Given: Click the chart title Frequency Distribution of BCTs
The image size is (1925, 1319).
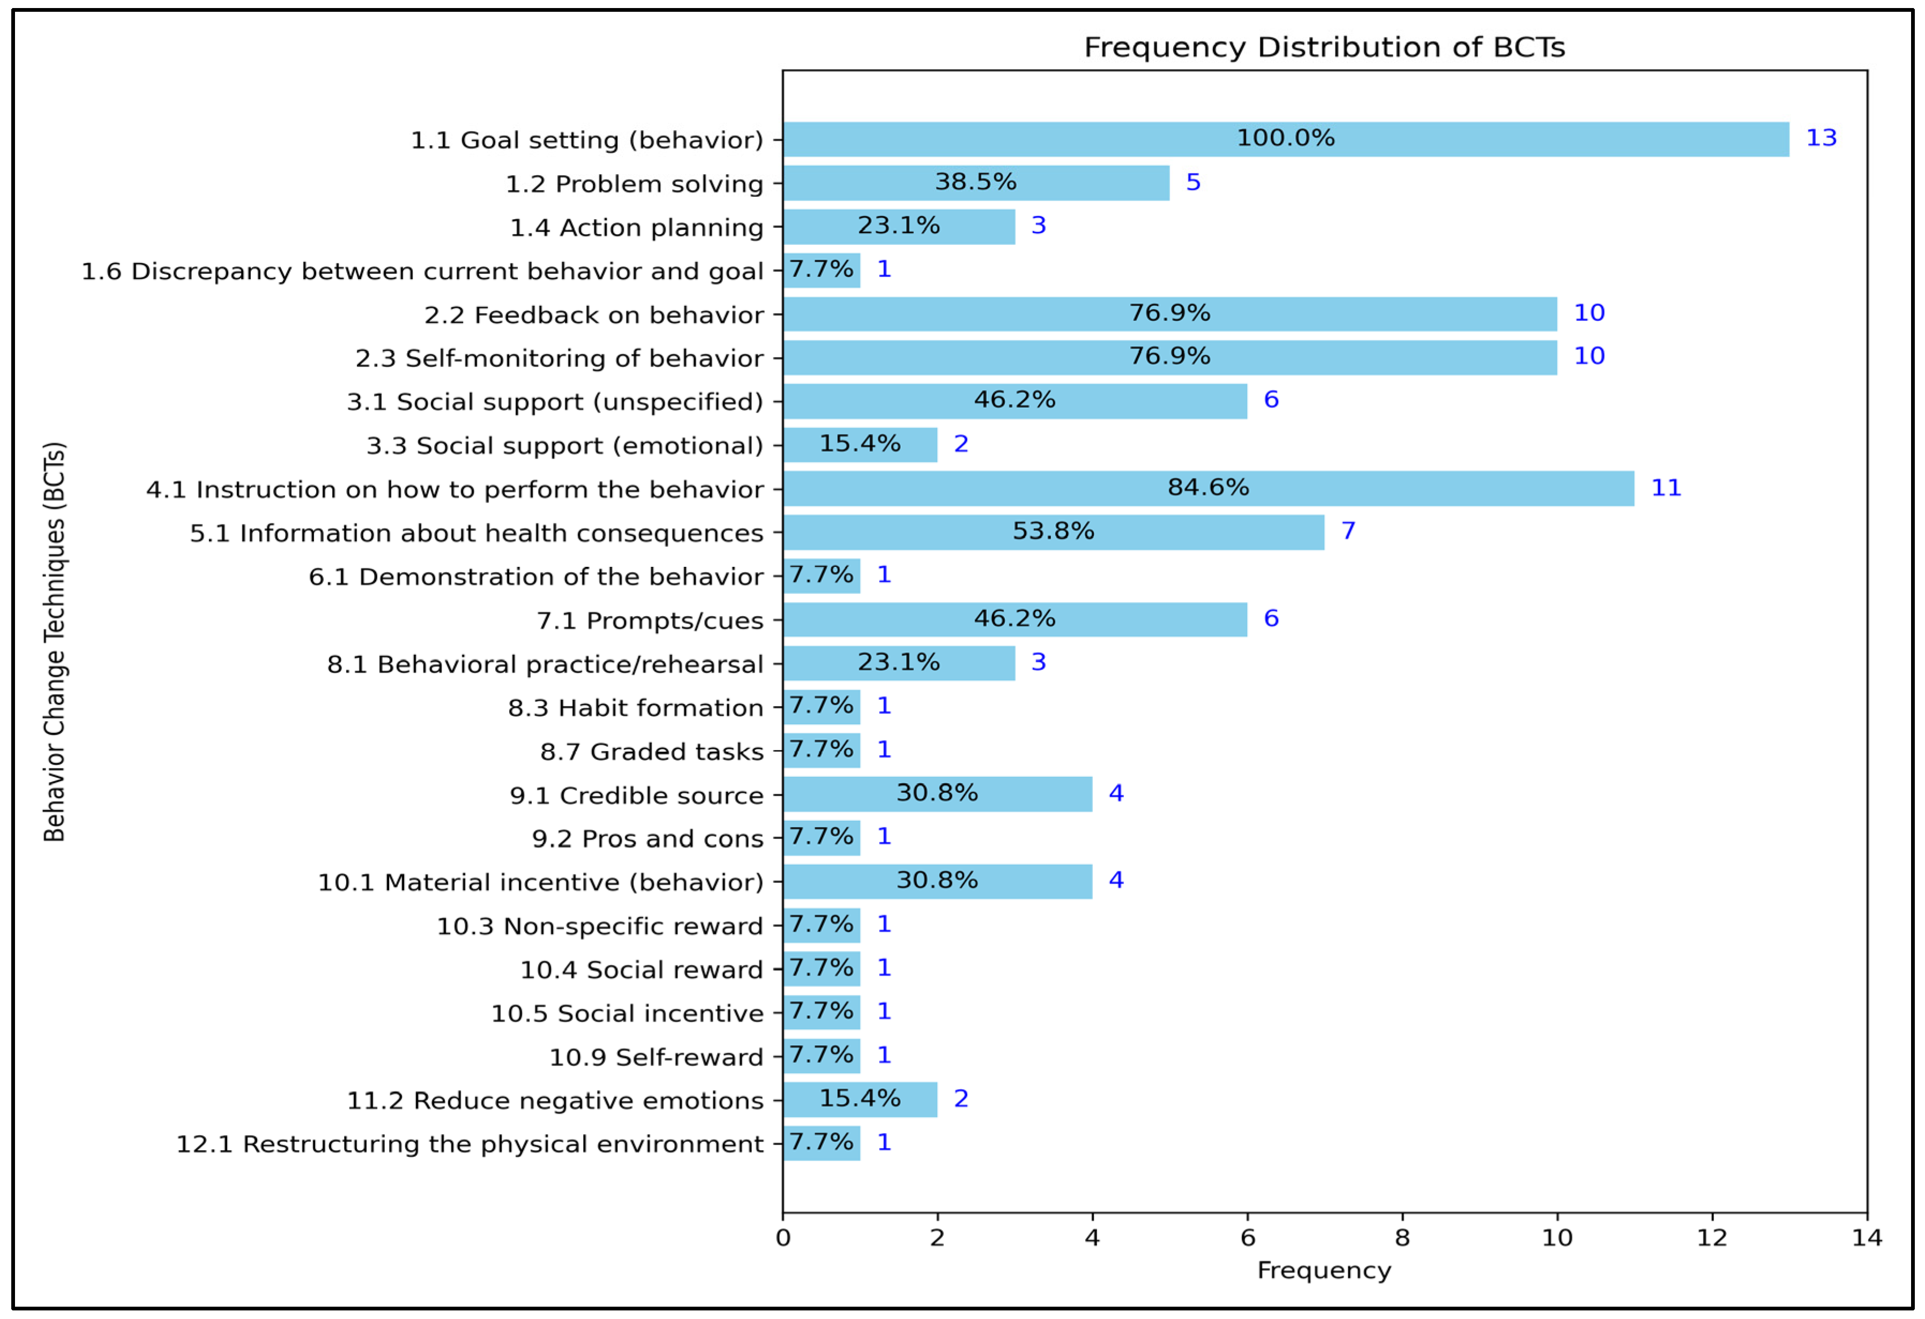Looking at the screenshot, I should click(x=1324, y=47).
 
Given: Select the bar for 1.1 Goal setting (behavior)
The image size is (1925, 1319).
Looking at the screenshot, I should click(x=1077, y=139).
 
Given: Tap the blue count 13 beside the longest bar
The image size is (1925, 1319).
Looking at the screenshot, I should click(x=1820, y=138).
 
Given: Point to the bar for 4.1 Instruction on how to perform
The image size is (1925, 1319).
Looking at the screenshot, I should click(x=994, y=489).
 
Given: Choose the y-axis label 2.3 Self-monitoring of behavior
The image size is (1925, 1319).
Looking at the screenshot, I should click(x=559, y=358).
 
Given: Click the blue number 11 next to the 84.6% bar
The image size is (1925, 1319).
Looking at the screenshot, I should click(x=1666, y=488).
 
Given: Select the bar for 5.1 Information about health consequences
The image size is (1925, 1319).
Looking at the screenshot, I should click(x=911, y=533).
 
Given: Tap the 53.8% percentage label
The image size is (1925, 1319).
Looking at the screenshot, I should click(x=1053, y=531).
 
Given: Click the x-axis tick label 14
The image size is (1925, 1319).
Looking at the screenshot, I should click(x=1866, y=1238).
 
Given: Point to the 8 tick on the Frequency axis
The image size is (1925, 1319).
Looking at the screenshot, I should click(x=1401, y=1238).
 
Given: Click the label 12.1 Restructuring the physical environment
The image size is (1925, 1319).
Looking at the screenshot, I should click(x=469, y=1144).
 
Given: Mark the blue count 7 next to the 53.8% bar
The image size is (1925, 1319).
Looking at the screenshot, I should click(x=1348, y=531).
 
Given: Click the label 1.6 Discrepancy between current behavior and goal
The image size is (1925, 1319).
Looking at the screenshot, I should click(x=422, y=272).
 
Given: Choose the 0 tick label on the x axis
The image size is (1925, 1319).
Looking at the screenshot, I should click(x=783, y=1238).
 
